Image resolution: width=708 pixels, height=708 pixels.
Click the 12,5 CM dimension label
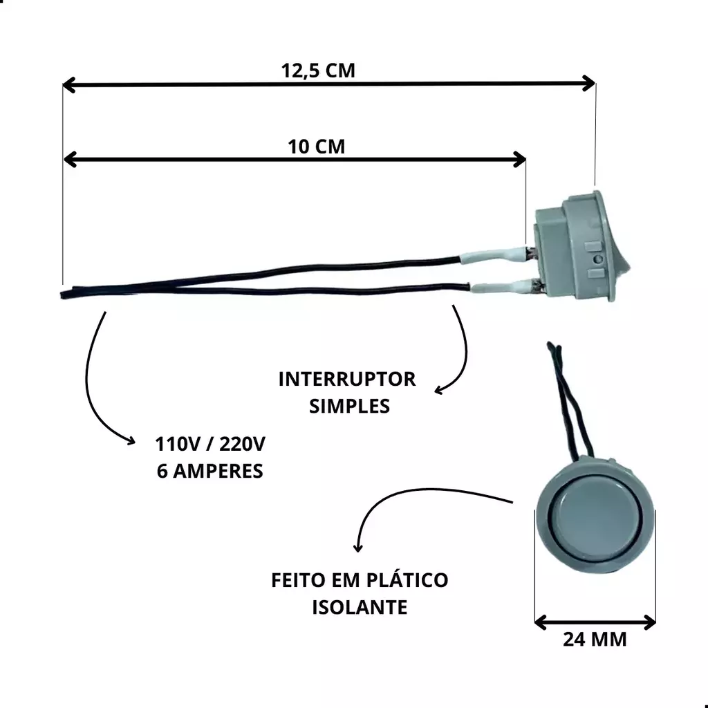tap(318, 71)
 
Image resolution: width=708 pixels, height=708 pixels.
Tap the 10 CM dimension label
tap(317, 147)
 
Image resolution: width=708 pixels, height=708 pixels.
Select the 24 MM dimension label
tap(595, 640)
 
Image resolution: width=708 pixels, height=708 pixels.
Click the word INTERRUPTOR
tap(347, 380)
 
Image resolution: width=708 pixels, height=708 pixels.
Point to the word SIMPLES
tap(349, 407)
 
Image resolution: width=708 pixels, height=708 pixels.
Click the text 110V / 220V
tap(210, 445)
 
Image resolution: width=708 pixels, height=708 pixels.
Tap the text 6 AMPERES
tap(210, 471)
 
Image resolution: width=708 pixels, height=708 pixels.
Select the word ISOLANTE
tap(360, 607)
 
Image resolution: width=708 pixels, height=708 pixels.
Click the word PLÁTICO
tap(407, 580)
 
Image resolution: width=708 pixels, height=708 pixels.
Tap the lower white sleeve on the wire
tap(503, 286)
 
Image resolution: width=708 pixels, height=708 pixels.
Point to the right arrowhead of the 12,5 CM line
tap(589, 84)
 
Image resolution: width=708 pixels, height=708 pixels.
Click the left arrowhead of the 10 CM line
tap(70, 160)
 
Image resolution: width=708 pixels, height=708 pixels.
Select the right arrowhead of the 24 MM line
tap(649, 623)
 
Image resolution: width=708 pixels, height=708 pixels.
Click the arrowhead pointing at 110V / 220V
tap(131, 440)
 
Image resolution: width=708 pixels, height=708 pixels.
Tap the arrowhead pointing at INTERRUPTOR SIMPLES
tap(439, 390)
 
